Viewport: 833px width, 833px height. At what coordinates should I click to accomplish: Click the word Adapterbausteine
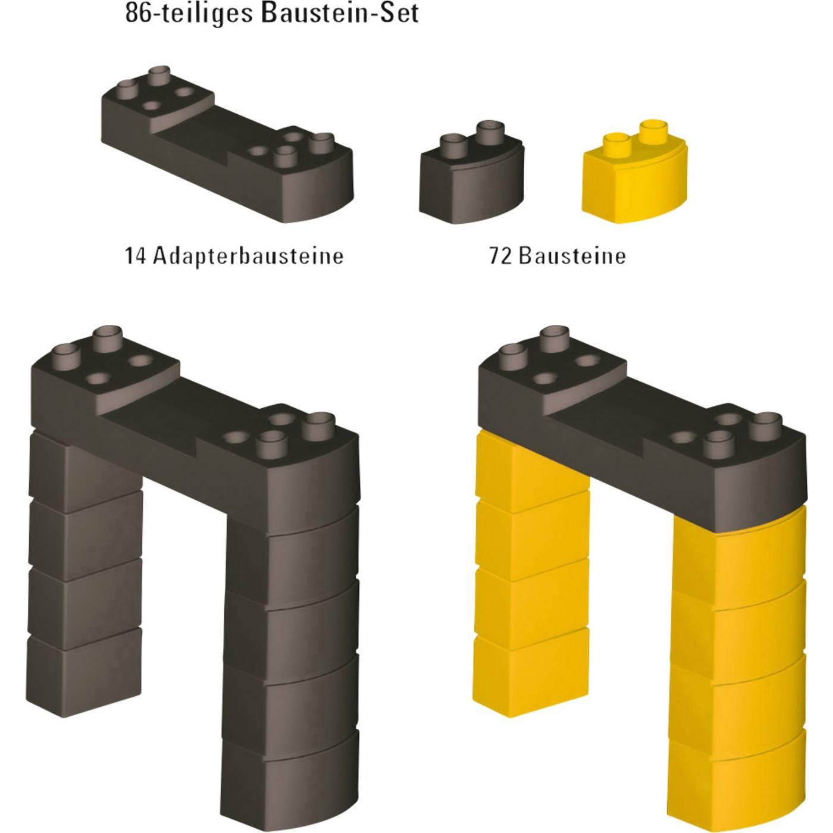(249, 256)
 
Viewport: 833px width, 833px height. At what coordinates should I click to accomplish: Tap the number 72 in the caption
(500, 256)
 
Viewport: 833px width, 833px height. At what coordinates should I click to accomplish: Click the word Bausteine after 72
(572, 256)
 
